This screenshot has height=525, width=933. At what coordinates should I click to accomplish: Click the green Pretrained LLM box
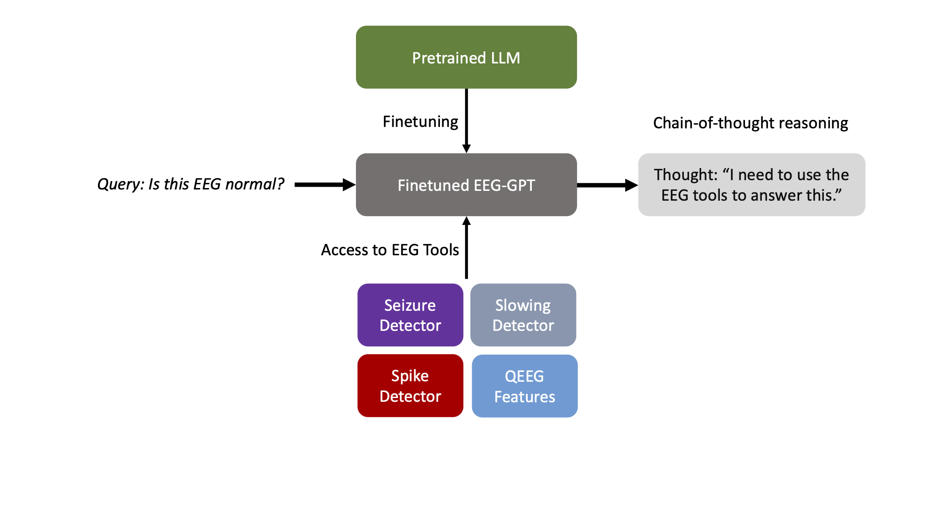click(466, 57)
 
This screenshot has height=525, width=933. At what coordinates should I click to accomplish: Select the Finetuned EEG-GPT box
click(466, 185)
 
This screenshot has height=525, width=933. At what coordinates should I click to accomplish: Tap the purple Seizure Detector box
click(410, 315)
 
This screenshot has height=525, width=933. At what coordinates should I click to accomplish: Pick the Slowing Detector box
click(523, 315)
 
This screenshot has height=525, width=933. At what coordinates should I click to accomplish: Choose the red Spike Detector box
click(410, 385)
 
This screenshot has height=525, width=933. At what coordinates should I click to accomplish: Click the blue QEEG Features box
click(524, 386)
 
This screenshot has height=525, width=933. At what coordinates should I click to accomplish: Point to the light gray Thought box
click(752, 185)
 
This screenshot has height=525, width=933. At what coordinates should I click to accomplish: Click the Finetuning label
click(420, 122)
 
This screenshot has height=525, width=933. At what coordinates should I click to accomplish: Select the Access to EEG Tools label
click(390, 250)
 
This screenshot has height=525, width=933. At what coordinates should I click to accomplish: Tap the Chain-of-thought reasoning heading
click(750, 123)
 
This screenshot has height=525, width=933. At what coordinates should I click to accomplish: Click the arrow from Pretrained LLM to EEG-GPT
click(466, 120)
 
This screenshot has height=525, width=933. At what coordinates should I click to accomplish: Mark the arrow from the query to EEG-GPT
click(325, 185)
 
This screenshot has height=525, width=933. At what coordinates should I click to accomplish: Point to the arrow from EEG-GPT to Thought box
click(607, 185)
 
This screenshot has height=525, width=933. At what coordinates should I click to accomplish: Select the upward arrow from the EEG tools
click(466, 248)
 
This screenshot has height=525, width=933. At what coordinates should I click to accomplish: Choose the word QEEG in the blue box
click(524, 376)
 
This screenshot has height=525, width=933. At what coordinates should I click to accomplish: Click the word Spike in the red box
click(410, 376)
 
